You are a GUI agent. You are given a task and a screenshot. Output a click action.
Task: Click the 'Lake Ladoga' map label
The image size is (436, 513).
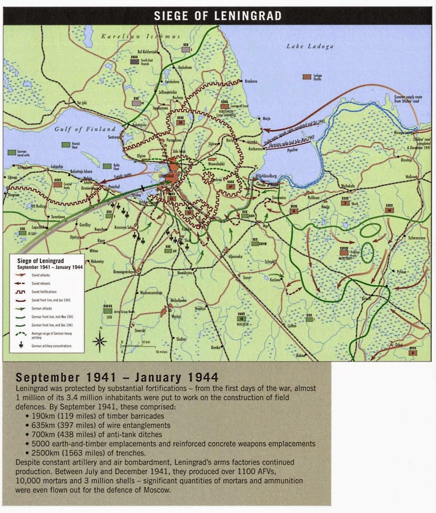point(310,47)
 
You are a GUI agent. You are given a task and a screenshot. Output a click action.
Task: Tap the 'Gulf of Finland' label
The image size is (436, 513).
point(85,129)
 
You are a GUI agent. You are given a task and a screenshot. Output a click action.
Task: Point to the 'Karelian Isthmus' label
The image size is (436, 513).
point(140,37)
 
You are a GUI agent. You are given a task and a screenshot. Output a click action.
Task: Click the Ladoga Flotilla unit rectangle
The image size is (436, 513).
point(306,77)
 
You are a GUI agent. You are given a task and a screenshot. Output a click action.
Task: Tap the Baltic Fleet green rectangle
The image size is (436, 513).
point(107,166)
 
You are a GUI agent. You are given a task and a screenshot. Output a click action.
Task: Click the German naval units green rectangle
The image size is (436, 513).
point(12,152)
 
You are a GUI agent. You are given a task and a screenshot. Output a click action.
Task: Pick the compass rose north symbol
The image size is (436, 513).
point(99,341)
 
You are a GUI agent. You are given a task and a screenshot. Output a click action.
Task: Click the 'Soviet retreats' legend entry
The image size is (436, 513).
point(41,283)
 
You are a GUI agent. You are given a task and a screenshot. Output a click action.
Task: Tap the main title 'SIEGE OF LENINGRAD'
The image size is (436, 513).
point(217,16)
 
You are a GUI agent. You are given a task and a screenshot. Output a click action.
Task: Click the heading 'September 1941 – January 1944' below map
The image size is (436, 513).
point(117,377)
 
